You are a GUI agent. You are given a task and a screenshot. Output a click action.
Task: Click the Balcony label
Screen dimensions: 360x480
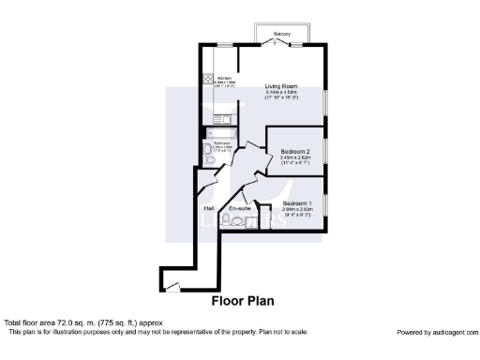(280, 34)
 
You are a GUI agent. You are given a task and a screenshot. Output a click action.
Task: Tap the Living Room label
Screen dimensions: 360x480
(280, 84)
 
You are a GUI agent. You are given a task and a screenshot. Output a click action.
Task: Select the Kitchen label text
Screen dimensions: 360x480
(224, 78)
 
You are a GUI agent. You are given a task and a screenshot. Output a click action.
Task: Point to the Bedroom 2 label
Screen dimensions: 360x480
(296, 150)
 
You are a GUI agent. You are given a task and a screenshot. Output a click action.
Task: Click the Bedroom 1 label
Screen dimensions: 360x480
(297, 203)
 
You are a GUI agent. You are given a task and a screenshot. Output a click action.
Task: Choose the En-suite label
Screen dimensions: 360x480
(239, 208)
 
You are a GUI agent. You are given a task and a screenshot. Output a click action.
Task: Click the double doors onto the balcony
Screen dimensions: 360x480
(280, 44)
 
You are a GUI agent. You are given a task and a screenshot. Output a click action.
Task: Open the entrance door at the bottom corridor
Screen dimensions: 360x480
(171, 285)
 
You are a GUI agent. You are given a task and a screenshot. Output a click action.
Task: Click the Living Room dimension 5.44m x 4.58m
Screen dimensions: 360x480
(280, 91)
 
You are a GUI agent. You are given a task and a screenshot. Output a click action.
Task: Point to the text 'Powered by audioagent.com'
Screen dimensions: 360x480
(436, 332)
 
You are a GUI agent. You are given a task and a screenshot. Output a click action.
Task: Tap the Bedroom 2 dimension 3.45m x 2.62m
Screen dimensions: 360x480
(296, 157)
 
